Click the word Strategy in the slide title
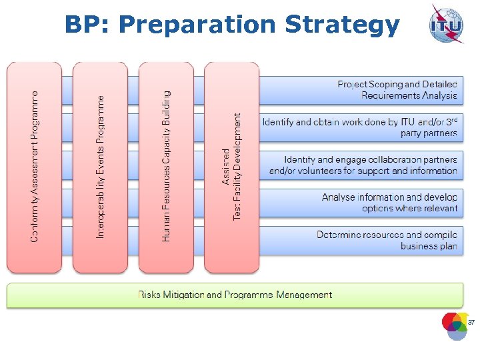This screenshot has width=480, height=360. coord(342,25)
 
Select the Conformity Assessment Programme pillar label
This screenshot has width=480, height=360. coord(34,167)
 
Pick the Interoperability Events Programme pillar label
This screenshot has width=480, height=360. coord(100,167)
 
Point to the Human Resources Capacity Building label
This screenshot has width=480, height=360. coord(166,167)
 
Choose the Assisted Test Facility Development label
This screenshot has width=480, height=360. coord(232,167)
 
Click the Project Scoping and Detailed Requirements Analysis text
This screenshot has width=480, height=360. coord(397,90)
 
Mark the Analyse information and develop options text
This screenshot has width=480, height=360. coord(390,203)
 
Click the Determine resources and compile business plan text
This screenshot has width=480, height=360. coord(387,241)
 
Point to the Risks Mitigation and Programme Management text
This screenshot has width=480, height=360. coord(235,295)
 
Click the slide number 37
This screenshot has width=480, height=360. coord(471,323)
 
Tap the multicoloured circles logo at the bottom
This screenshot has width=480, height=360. coord(456,325)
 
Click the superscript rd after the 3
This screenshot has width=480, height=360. coord(453,120)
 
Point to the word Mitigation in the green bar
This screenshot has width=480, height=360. coord(185,295)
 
